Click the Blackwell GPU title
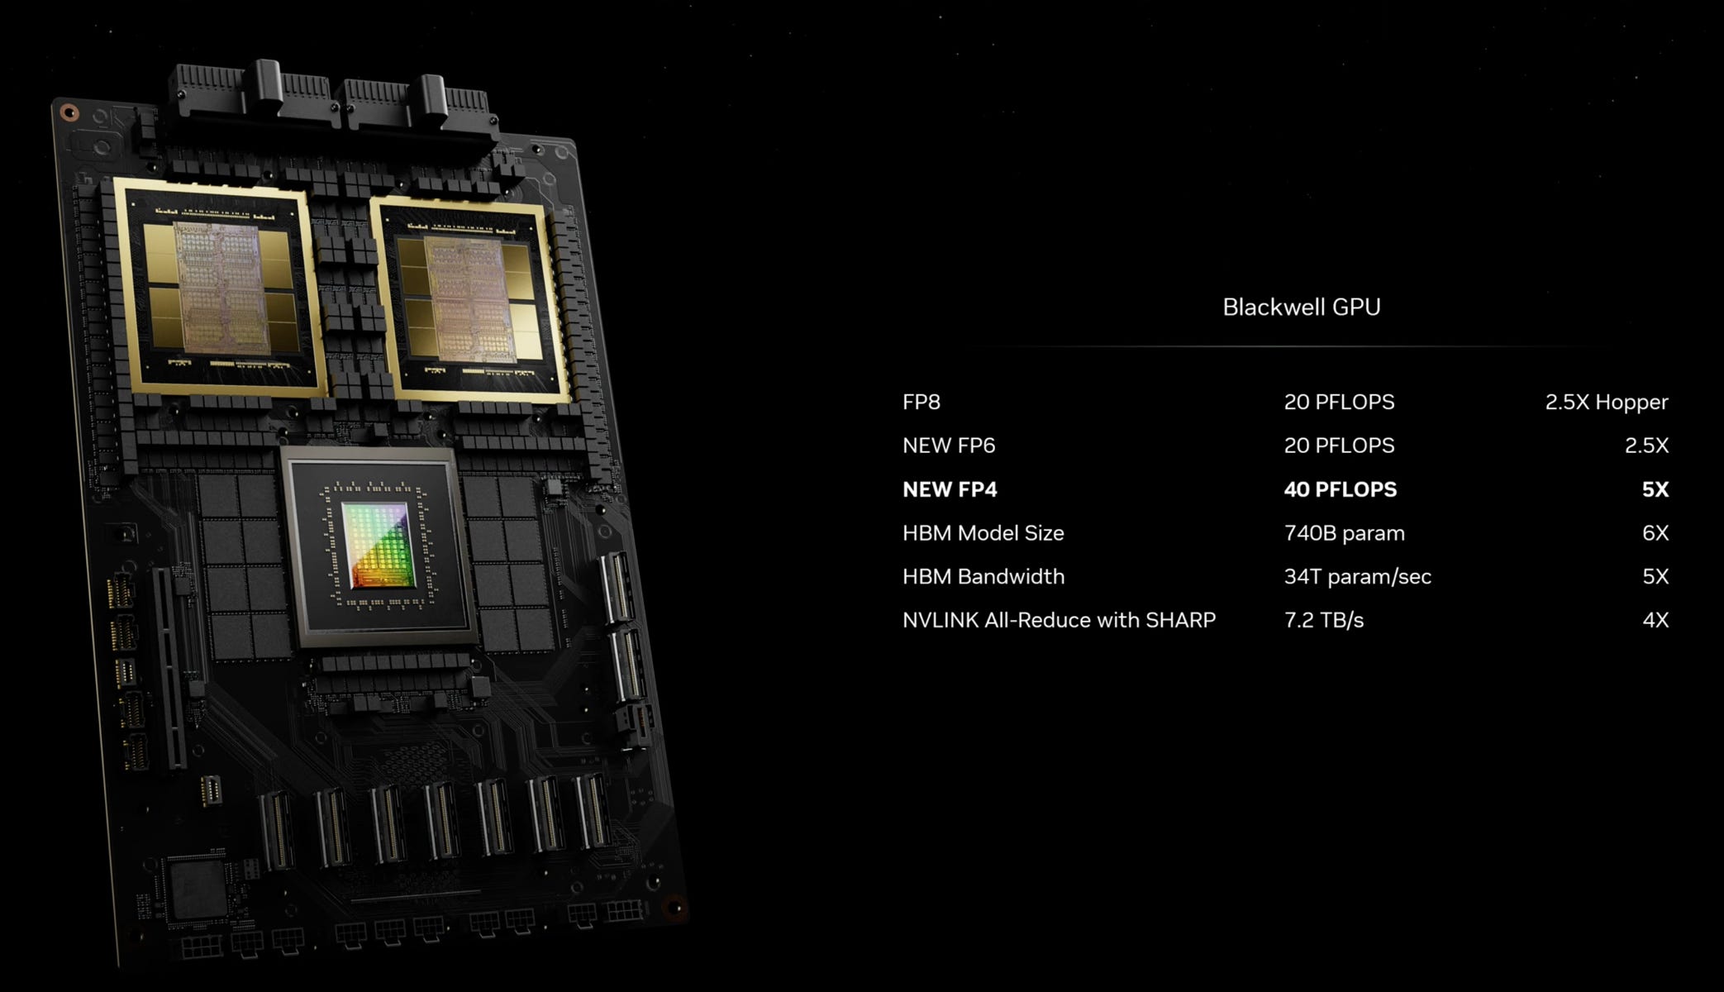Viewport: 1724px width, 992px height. pyautogui.click(x=1301, y=308)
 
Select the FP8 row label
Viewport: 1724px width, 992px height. pyautogui.click(x=921, y=403)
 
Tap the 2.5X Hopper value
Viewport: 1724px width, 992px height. pyautogui.click(x=1606, y=403)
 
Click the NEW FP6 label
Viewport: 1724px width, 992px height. pyautogui.click(x=948, y=446)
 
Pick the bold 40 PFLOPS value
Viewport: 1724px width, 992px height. pyautogui.click(x=1340, y=489)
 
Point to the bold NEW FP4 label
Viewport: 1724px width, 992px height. pyautogui.click(x=950, y=489)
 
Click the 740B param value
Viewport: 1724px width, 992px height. pyautogui.click(x=1344, y=533)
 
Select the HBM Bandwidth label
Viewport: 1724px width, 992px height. pyautogui.click(x=983, y=576)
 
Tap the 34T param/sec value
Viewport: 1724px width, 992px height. pyautogui.click(x=1357, y=576)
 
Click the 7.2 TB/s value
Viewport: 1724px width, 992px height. pyautogui.click(x=1323, y=620)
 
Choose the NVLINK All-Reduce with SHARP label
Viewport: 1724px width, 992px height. pyautogui.click(x=1059, y=620)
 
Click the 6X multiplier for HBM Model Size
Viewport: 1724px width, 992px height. pyautogui.click(x=1655, y=533)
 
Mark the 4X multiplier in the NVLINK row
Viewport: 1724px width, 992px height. pyautogui.click(x=1655, y=620)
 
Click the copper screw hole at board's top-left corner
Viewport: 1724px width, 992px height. pyautogui.click(x=69, y=112)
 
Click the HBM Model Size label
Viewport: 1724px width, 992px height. pyautogui.click(x=983, y=533)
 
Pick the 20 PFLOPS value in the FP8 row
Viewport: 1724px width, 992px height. pyautogui.click(x=1339, y=403)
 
